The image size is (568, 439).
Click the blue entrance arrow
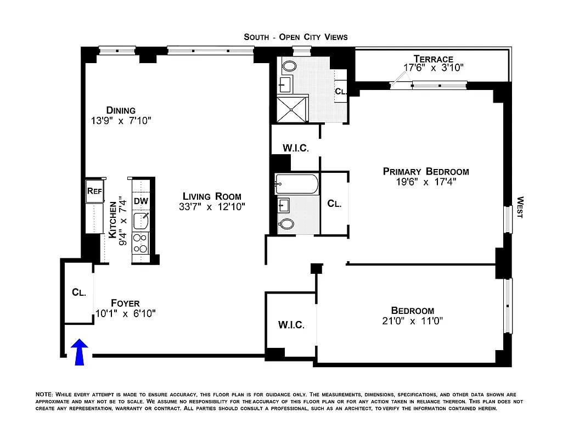coord(80,351)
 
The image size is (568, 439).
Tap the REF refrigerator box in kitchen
coord(93,192)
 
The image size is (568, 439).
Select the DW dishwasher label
coord(141,201)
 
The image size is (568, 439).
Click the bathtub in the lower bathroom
coord(296,184)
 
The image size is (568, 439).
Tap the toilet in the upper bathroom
coord(288,67)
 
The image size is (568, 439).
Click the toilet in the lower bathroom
coord(286,223)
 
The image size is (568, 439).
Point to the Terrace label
coord(434,59)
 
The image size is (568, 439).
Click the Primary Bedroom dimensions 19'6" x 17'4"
coord(426,182)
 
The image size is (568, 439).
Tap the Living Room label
coord(212,196)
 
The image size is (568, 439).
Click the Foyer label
coord(125,303)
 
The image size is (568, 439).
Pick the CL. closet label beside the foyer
coord(79,292)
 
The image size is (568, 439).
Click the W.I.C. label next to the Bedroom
coord(291,325)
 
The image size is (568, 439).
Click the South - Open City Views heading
coord(296,37)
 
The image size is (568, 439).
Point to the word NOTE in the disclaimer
coord(44,395)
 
